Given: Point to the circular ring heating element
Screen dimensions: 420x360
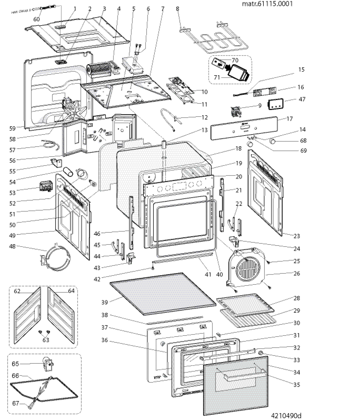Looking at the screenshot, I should click(x=56, y=259).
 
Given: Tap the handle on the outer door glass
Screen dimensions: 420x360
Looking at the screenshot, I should click(x=242, y=374).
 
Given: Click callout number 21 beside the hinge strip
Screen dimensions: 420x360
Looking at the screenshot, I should click(x=239, y=190).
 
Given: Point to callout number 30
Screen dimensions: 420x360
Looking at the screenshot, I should click(x=297, y=322).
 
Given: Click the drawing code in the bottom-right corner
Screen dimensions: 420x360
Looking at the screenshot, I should click(x=285, y=415).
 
